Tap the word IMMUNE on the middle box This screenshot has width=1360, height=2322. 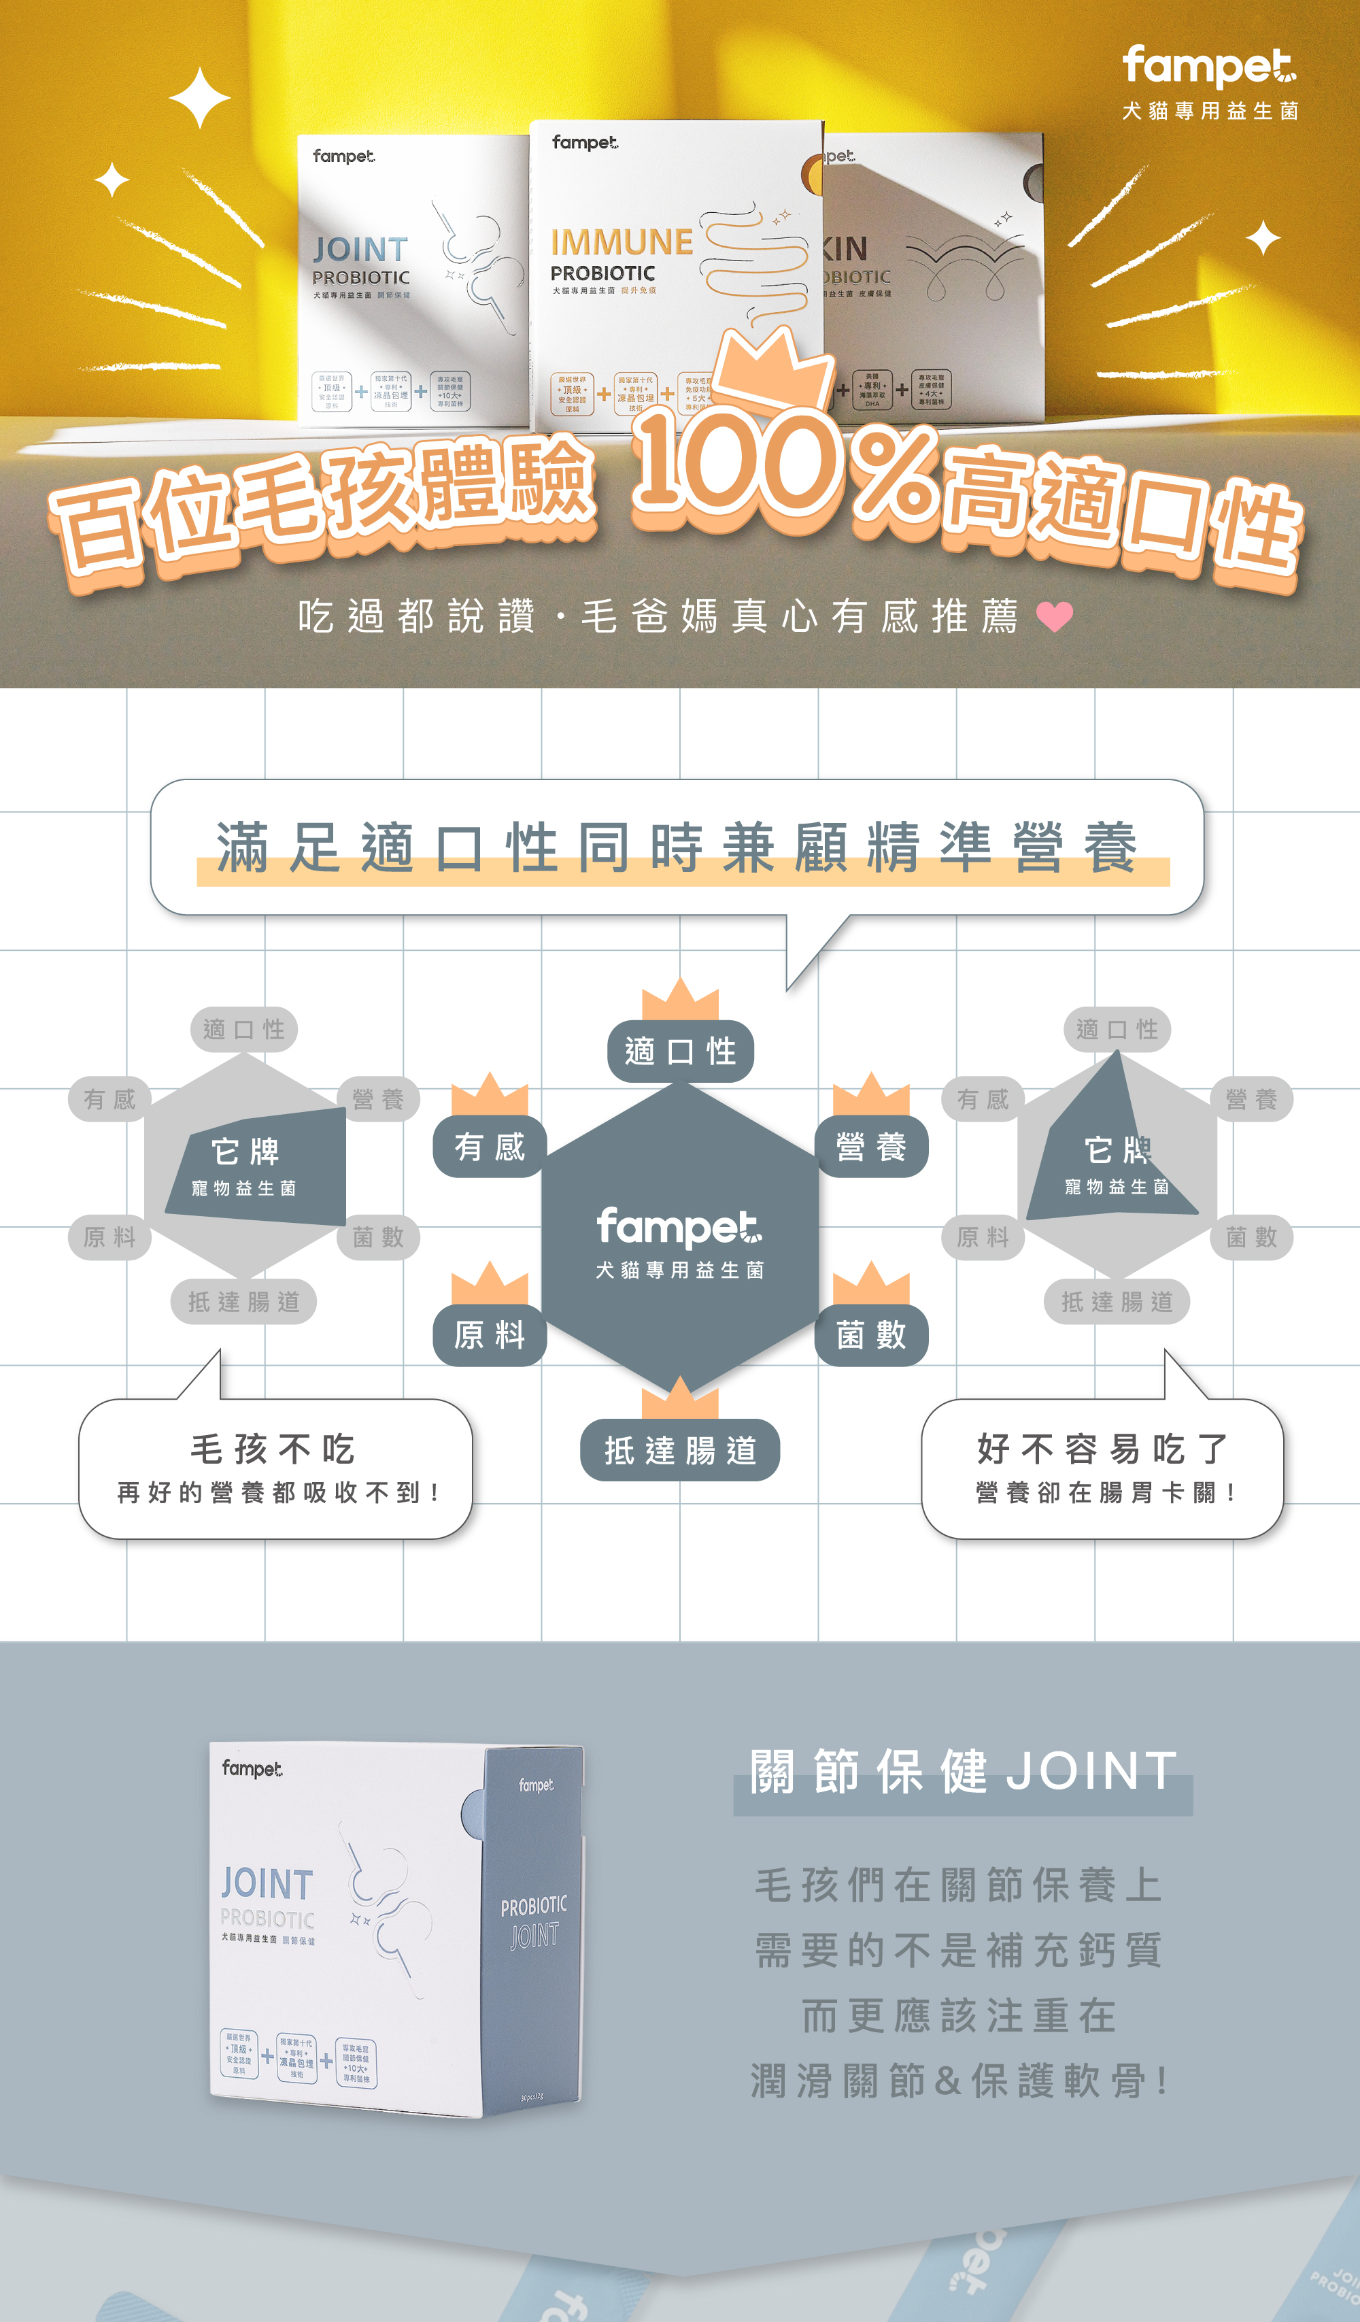point(622,242)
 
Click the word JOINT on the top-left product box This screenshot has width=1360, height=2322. point(359,250)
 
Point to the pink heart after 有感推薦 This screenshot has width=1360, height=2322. point(1054,616)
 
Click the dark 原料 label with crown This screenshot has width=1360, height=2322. point(490,1334)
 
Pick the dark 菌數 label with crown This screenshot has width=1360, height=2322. point(870,1334)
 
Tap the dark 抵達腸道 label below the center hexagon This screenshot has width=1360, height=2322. point(680,1450)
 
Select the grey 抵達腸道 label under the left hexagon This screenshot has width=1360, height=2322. point(244,1301)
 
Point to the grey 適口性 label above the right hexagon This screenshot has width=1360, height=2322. point(1117,1029)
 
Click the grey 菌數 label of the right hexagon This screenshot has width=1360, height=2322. point(1251,1236)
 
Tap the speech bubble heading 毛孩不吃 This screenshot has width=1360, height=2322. point(273,1449)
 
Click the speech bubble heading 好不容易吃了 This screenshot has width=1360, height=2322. point(1102,1449)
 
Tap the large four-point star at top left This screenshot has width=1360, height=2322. point(199,98)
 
